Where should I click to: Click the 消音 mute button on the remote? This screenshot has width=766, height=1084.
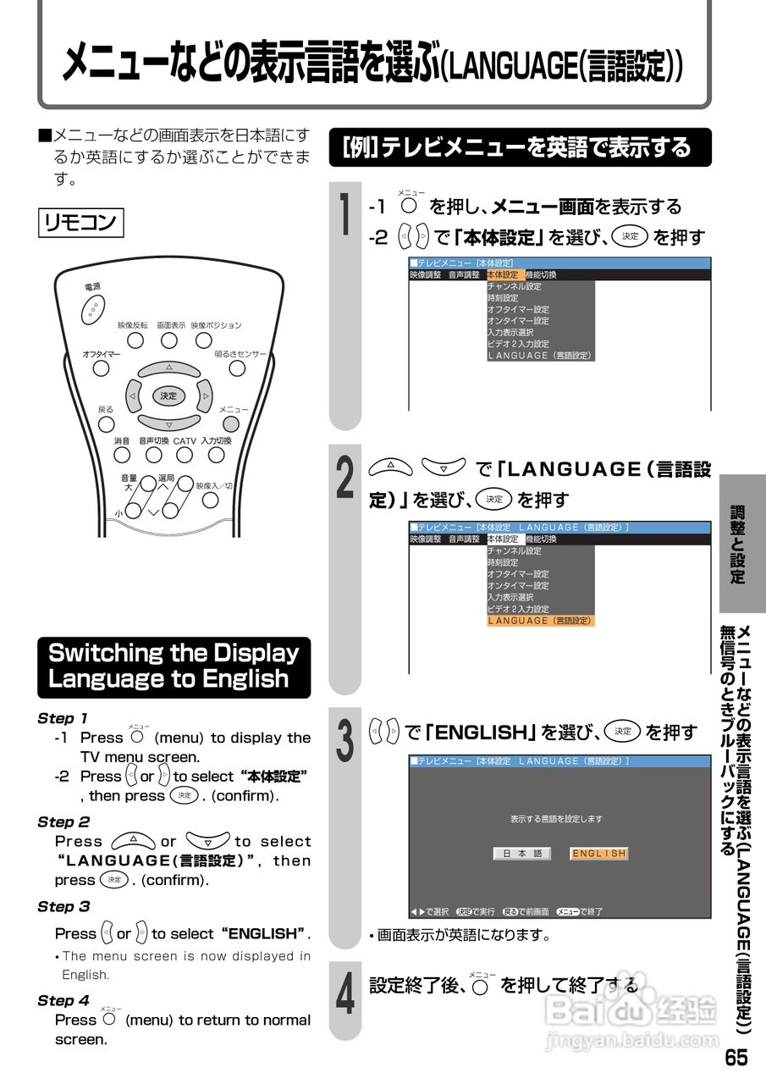(123, 456)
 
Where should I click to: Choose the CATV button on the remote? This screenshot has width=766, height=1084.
(185, 456)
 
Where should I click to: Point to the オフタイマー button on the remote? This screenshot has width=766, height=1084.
(102, 368)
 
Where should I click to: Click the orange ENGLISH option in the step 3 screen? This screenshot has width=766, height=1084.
(599, 854)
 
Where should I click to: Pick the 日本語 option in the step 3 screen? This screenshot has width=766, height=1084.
(522, 854)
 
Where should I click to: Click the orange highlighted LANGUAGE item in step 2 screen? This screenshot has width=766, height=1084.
(541, 621)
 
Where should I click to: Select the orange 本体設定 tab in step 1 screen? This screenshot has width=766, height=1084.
(504, 274)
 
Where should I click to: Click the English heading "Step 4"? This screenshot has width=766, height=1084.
(63, 1000)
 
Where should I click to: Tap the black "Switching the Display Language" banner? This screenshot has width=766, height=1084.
(174, 666)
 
